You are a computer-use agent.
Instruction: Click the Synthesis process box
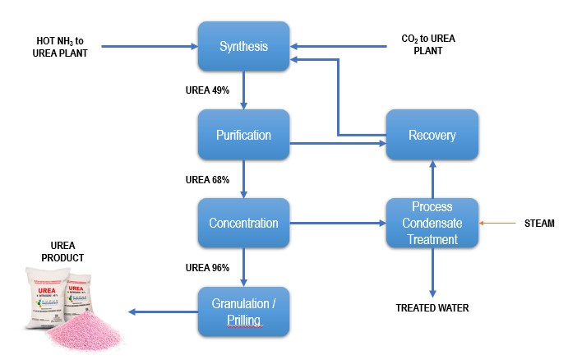click(243, 46)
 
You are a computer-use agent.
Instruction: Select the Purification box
click(243, 134)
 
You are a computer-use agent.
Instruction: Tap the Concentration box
click(243, 223)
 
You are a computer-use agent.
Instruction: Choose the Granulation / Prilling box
click(243, 310)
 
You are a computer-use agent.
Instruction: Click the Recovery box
click(432, 134)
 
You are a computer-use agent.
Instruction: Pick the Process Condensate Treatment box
click(432, 223)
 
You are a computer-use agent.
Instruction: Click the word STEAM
click(539, 223)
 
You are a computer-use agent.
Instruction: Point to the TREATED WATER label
click(433, 307)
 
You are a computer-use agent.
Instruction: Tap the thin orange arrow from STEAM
click(501, 223)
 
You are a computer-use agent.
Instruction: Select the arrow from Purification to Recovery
click(337, 145)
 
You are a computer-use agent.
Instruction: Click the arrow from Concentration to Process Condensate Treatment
click(337, 223)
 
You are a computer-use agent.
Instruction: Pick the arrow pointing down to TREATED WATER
click(433, 271)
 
